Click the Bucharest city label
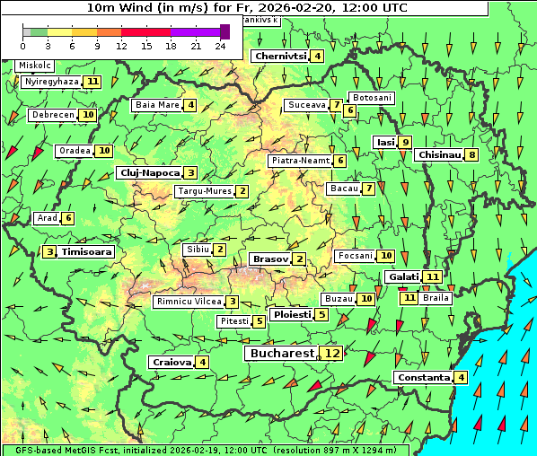(281, 354)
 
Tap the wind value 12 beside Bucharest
(332, 354)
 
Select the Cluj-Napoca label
(148, 172)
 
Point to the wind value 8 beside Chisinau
(472, 154)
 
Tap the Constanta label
(422, 378)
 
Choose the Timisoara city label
(87, 252)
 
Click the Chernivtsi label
(280, 56)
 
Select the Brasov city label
(269, 259)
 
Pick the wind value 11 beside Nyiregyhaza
(93, 82)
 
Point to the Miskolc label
(35, 66)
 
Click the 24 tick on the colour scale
(219, 46)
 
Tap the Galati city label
(403, 276)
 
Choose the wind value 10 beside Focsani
(386, 256)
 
